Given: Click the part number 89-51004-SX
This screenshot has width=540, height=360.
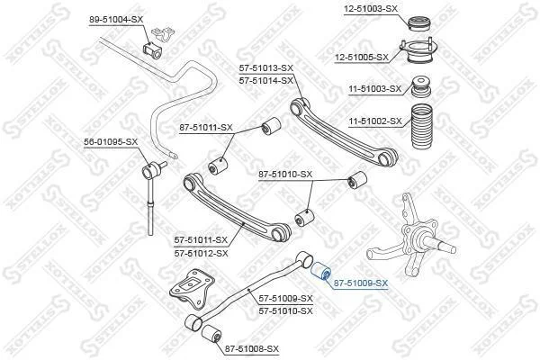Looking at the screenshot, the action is [116, 20].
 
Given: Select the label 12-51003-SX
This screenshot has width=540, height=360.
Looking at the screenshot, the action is [371, 9].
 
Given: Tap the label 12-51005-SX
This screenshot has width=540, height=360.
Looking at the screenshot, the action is [362, 58].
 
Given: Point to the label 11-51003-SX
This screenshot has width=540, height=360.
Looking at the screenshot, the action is [375, 89].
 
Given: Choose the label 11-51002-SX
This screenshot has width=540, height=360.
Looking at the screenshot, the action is [375, 121].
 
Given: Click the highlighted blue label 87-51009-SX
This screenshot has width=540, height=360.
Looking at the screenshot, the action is [361, 283].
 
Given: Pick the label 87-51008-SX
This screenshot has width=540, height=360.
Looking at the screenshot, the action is [252, 349].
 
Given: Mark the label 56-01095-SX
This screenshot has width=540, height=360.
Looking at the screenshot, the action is [111, 141].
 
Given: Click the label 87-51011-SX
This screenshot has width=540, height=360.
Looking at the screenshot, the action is [206, 128].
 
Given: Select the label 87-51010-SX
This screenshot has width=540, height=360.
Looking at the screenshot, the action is [285, 175].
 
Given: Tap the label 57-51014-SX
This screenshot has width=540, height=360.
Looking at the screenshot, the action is [266, 81].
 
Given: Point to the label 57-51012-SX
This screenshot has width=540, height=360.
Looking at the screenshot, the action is [201, 254].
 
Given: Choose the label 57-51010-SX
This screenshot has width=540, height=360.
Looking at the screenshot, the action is [286, 311].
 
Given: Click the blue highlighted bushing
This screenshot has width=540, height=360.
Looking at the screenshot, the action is [321, 271].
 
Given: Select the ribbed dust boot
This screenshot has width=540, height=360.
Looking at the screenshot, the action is [421, 126].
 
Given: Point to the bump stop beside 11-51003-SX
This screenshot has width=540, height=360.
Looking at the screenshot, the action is [421, 86].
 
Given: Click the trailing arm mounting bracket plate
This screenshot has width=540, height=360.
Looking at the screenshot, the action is [192, 288].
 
